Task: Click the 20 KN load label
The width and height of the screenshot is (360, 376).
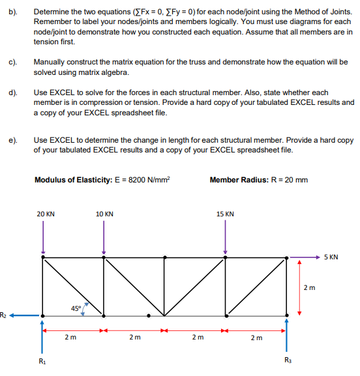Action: coord(45,214)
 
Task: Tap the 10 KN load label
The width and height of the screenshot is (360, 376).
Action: coord(104,214)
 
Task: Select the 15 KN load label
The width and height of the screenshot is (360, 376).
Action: coord(225,214)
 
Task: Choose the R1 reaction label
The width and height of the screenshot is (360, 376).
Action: coord(43,359)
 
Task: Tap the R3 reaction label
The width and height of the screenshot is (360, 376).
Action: coord(288,359)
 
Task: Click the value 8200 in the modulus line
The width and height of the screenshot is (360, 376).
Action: coord(140,180)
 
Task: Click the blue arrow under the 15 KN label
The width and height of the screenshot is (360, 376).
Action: coord(225,237)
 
